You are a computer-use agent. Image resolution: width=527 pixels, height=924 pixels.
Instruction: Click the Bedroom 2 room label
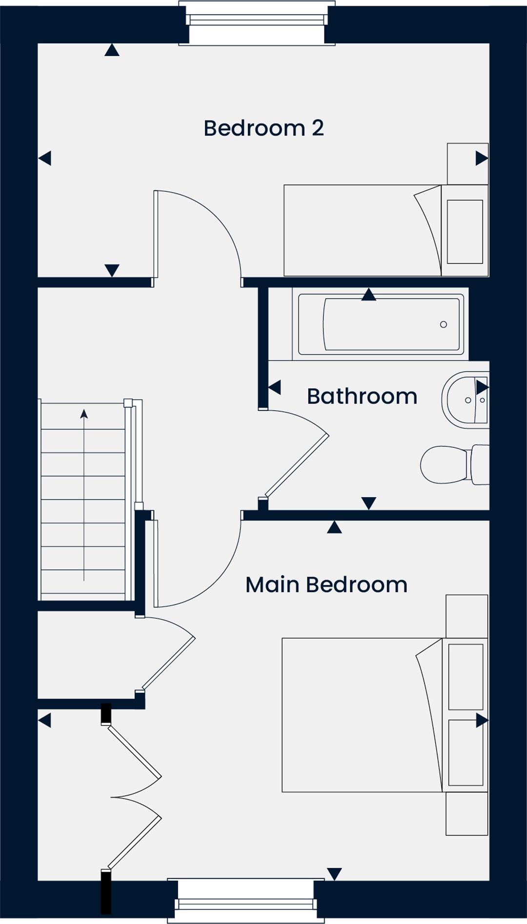[x=263, y=128]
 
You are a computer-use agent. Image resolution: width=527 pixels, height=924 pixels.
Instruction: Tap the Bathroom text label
[x=362, y=396]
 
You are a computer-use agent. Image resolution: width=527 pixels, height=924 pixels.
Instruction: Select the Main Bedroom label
[x=326, y=584]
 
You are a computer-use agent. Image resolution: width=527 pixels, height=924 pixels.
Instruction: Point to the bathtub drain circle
[x=444, y=324]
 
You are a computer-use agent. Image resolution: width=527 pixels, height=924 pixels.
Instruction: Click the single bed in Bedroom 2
[x=386, y=230]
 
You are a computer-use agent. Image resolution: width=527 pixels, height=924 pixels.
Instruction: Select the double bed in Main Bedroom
[x=385, y=715]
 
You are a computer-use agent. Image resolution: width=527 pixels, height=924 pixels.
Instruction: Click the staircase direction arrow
[x=84, y=495]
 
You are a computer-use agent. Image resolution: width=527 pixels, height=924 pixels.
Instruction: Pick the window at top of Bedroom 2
[x=257, y=23]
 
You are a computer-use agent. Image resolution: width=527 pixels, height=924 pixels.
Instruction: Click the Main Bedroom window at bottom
[x=246, y=901]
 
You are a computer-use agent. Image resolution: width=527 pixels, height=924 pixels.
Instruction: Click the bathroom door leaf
[x=297, y=466]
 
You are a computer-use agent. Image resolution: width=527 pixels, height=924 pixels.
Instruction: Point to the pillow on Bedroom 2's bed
[x=465, y=232]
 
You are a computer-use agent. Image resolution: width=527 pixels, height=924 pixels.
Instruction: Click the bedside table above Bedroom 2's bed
[x=468, y=164]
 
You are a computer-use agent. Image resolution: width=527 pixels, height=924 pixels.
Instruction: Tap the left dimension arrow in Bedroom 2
[x=45, y=158]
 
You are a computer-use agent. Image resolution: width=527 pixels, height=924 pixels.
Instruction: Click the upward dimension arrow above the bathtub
[x=369, y=294]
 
